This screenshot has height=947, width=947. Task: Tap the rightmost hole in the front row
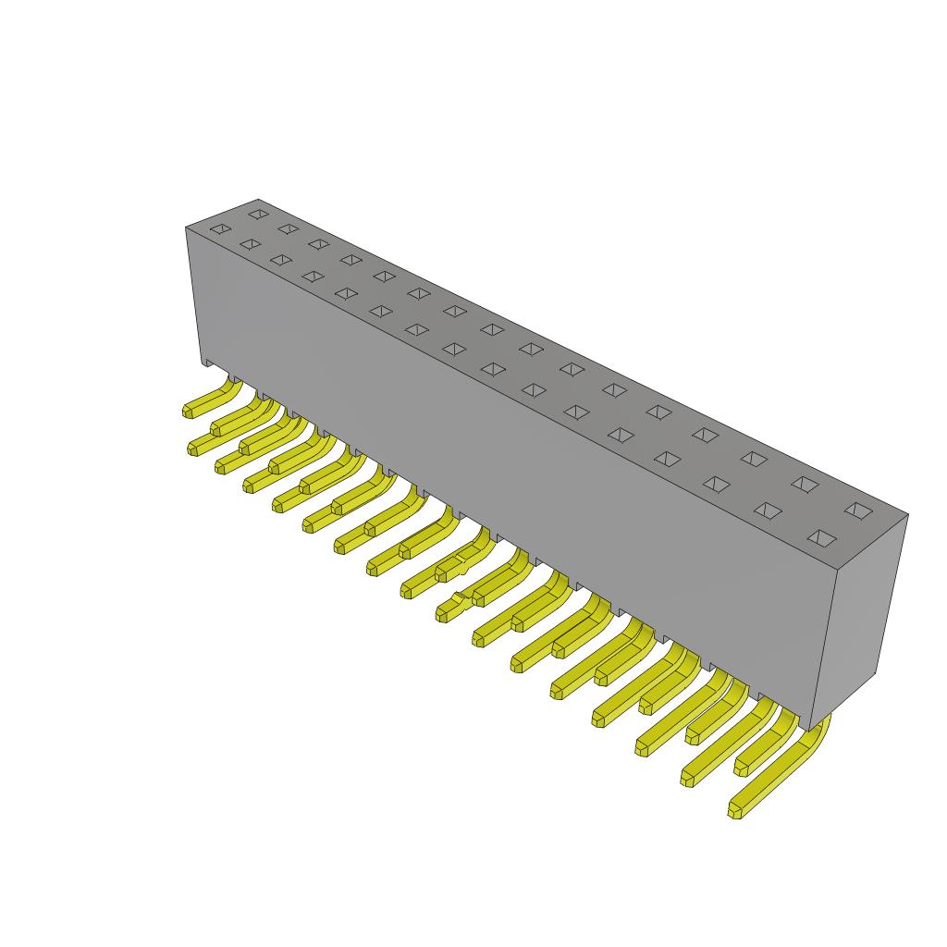[x=819, y=537]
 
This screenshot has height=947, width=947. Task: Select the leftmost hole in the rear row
[x=258, y=214]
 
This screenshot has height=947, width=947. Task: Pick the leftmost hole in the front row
[x=219, y=228]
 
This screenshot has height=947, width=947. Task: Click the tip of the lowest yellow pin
[x=736, y=811]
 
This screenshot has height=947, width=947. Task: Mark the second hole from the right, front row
[x=766, y=510]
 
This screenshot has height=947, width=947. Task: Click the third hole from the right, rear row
[x=754, y=459]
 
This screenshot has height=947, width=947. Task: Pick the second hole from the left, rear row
[x=288, y=228]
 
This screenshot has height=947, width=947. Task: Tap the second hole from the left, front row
[x=249, y=244]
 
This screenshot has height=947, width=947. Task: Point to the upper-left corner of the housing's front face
[x=187, y=228]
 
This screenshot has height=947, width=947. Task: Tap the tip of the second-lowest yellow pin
[x=688, y=777]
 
